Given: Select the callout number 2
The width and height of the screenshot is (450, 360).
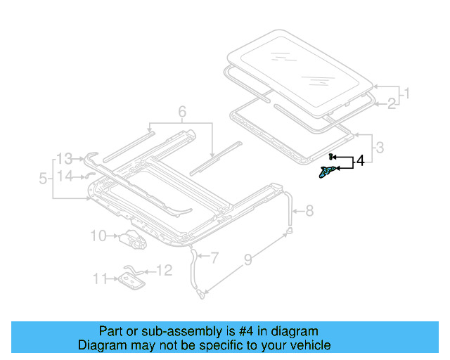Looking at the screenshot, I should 391,105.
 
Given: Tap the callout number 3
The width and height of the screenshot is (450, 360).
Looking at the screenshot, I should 380,147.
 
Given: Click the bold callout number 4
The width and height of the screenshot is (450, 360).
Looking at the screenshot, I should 360,162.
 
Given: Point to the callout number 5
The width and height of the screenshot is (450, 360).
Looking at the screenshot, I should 43,179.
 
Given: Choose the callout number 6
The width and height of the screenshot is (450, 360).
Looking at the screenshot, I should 181,112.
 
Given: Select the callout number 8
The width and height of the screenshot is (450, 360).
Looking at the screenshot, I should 310,210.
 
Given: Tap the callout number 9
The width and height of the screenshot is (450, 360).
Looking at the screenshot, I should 247,262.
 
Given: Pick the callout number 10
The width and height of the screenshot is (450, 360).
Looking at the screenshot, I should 98,236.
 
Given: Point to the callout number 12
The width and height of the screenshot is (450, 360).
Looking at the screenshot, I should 163,270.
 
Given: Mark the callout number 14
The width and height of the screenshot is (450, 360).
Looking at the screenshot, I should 65,176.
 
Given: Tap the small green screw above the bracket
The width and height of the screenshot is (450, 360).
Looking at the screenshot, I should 330,156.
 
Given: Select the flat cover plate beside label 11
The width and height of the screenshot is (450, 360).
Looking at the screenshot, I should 130,281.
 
